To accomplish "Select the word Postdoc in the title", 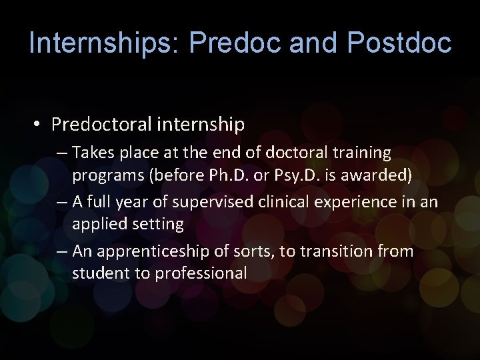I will [399, 43].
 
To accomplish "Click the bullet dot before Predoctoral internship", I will [39, 125].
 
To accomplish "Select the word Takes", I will [93, 153].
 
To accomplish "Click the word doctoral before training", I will [296, 153].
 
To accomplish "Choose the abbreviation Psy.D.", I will [302, 175].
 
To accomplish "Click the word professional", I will [201, 273].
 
